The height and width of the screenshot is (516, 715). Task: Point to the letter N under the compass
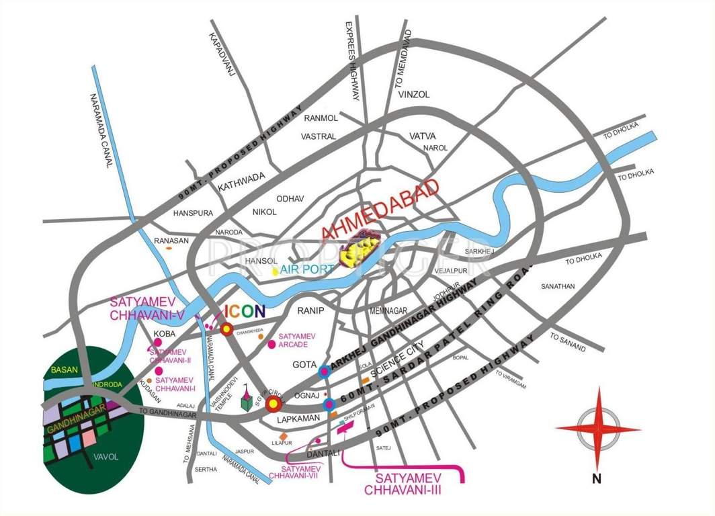[596, 479]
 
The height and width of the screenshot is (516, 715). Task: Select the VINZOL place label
[414, 95]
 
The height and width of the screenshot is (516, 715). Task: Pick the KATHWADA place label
[242, 178]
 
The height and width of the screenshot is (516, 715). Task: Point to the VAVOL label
[106, 457]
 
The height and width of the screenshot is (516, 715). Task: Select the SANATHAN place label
[558, 286]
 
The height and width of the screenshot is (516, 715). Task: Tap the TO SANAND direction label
[568, 343]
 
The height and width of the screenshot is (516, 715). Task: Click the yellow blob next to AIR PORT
[275, 271]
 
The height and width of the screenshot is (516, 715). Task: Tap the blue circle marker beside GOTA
[325, 370]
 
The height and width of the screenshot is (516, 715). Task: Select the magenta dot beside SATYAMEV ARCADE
[271, 344]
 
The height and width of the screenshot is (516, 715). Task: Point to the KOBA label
[165, 333]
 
